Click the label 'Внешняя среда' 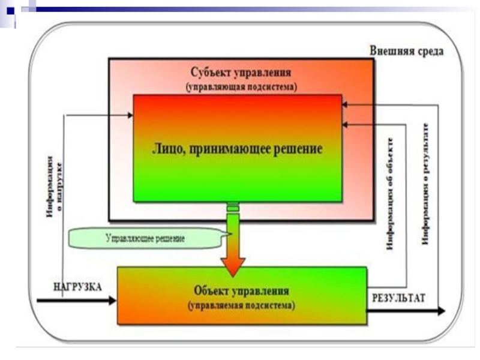[x=406, y=51]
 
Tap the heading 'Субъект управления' [x=241, y=73]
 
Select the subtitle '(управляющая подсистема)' [x=241, y=86]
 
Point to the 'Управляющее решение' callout [x=144, y=238]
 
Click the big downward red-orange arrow [x=233, y=252]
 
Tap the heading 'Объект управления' [x=242, y=291]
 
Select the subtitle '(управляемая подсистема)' [x=241, y=305]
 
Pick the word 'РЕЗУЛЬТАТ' [x=398, y=297]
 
